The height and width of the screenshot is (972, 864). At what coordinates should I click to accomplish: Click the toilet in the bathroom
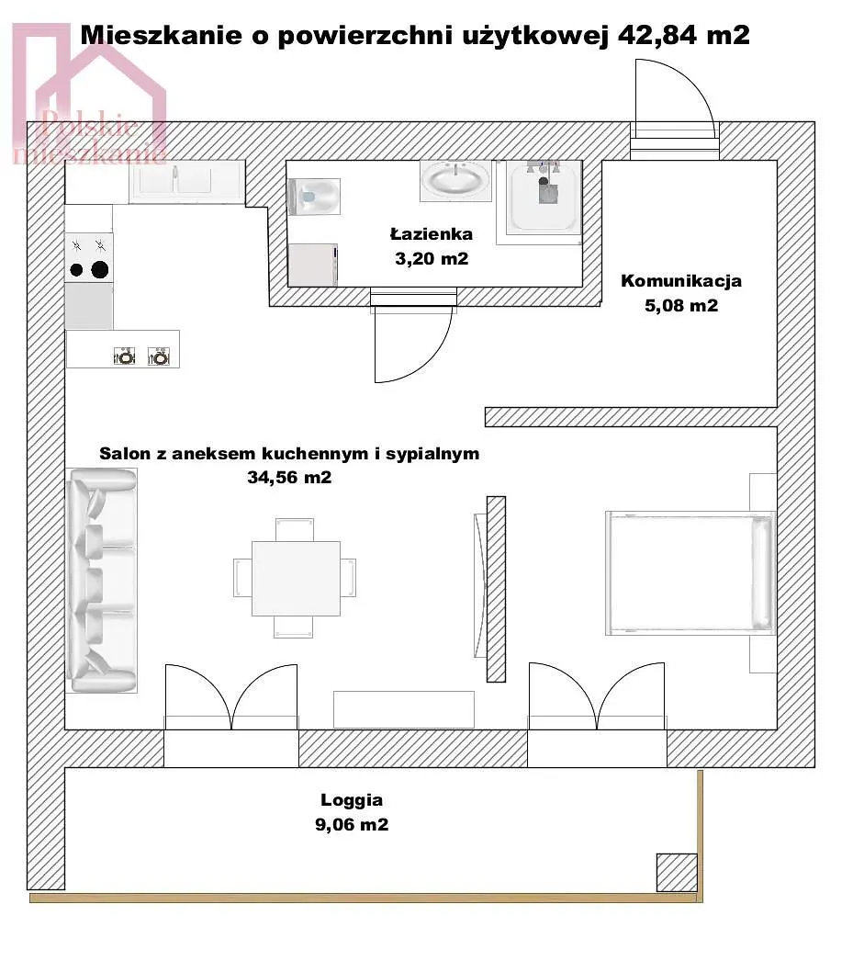(x=313, y=197)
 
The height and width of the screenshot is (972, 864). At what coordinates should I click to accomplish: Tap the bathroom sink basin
(x=455, y=180)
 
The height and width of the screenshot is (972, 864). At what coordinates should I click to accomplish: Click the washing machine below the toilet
(x=313, y=265)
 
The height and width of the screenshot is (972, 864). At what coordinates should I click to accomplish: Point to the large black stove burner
(x=100, y=269)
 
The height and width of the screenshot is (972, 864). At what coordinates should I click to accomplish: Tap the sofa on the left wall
(x=102, y=581)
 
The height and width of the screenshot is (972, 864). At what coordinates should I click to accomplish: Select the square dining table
(x=296, y=579)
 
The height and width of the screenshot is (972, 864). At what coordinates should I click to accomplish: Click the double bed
(x=690, y=572)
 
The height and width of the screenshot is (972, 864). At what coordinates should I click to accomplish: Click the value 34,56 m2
(x=289, y=478)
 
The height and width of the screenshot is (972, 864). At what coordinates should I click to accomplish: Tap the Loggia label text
(x=351, y=799)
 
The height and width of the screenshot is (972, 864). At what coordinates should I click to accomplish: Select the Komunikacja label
(x=681, y=281)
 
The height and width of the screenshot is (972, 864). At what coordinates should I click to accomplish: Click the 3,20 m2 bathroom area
(x=432, y=258)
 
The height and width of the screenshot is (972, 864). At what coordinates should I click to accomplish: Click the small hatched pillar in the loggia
(x=677, y=872)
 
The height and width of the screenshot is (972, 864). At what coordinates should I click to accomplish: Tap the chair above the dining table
(x=295, y=529)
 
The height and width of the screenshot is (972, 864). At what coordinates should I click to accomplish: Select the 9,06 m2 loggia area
(x=352, y=824)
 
